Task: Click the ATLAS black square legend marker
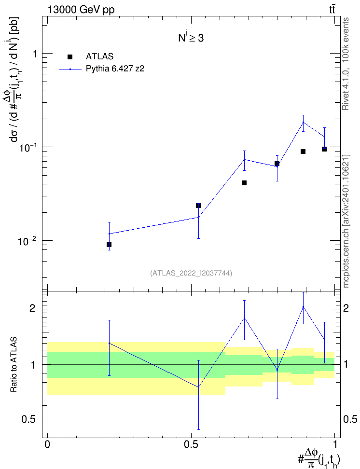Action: pyautogui.click(x=69, y=57)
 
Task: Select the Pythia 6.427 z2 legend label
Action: pyautogui.click(x=115, y=69)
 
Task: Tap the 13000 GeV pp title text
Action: pyautogui.click(x=81, y=10)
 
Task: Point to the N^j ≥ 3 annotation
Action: pyautogui.click(x=191, y=38)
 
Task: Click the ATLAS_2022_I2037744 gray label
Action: pyautogui.click(x=191, y=273)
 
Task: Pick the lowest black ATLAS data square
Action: pyautogui.click(x=109, y=245)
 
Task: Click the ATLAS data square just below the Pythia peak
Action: pyautogui.click(x=303, y=152)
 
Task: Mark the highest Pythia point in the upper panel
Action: pyautogui.click(x=303, y=122)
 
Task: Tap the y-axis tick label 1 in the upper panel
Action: pyautogui.click(x=35, y=54)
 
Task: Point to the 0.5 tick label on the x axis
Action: pyautogui.click(x=191, y=444)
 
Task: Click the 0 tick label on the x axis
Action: pyautogui.click(x=47, y=444)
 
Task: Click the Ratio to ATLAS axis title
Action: pyautogui.click(x=14, y=364)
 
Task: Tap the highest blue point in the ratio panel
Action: pyautogui.click(x=303, y=306)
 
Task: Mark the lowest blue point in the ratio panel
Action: pyautogui.click(x=198, y=387)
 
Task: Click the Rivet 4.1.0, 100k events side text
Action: pyautogui.click(x=346, y=64)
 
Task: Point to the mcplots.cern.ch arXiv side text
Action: pyautogui.click(x=346, y=221)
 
